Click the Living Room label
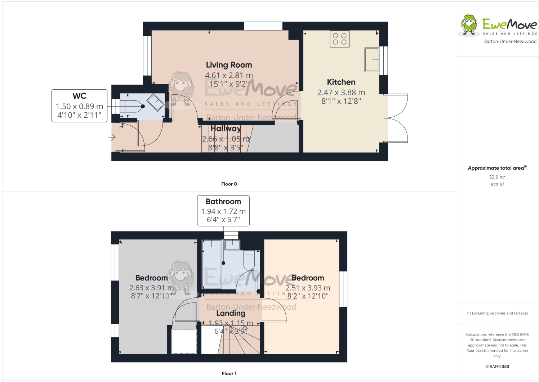(x=229, y=65)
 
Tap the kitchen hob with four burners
(x=339, y=39)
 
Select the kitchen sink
(x=371, y=59)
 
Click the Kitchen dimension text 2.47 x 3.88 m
(x=341, y=93)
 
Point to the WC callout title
(x=79, y=96)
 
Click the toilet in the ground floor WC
(x=131, y=107)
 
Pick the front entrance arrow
(x=112, y=137)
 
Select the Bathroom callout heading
(x=223, y=202)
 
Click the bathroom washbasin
(x=232, y=245)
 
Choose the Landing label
(x=231, y=313)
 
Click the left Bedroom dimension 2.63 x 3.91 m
(x=151, y=288)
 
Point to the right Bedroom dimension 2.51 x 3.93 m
(x=308, y=288)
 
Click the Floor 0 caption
(x=229, y=184)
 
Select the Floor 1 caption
(x=229, y=373)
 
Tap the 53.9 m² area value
(x=497, y=177)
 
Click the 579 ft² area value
(x=497, y=184)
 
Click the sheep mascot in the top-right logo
(x=469, y=25)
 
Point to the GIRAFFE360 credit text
(x=497, y=367)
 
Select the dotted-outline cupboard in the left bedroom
(x=184, y=341)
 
